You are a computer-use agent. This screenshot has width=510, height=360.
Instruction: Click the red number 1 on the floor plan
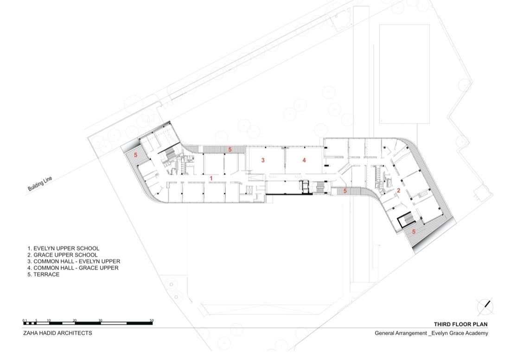pos(211,178)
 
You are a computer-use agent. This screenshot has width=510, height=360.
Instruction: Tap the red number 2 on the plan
pos(398,190)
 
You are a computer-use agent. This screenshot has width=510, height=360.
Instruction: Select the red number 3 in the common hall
pos(263,160)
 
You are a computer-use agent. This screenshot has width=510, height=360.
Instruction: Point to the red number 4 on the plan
pos(304,160)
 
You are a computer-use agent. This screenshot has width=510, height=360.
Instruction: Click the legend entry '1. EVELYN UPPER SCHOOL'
pos(64,248)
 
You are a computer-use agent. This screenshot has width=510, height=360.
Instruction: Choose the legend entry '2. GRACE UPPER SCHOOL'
pos(63,255)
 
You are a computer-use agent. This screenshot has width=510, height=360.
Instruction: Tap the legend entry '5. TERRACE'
pos(44,275)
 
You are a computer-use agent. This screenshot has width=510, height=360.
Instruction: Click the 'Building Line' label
pos(40,184)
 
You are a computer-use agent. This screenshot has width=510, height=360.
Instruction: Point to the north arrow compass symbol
pos(485,307)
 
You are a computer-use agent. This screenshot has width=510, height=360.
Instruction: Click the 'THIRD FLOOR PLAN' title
pos(460,324)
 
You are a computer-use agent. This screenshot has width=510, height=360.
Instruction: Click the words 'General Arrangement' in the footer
pos(401,333)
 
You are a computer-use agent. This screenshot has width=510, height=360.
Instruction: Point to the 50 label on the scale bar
pos(152,321)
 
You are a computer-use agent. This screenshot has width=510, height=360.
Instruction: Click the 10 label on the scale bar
pos(49,321)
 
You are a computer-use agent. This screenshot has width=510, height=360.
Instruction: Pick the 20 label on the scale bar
pos(75,321)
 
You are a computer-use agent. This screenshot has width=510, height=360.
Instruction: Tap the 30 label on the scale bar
pos(100,321)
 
